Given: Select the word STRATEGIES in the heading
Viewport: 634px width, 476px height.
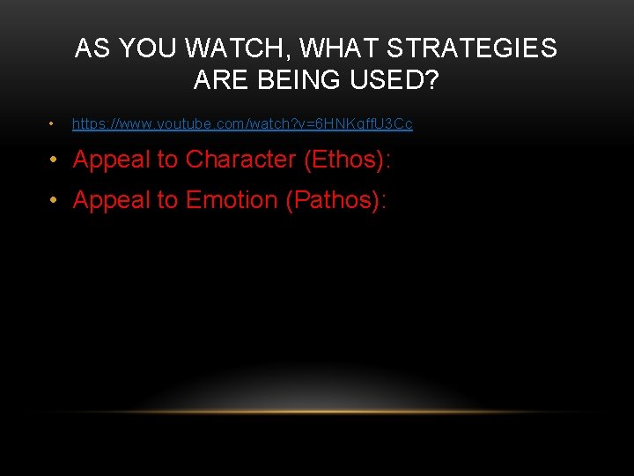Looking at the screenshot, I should (x=472, y=48).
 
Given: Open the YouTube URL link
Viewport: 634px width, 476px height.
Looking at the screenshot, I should (x=242, y=124).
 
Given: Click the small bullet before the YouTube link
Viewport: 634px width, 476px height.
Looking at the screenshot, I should (x=54, y=124).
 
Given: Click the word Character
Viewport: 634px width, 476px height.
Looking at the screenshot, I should (x=240, y=160).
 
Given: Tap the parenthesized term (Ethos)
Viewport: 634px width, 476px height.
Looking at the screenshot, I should (x=347, y=160).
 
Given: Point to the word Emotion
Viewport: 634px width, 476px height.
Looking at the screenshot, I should (x=232, y=201).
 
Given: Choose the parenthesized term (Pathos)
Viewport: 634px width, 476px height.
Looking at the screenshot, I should (x=335, y=201).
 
